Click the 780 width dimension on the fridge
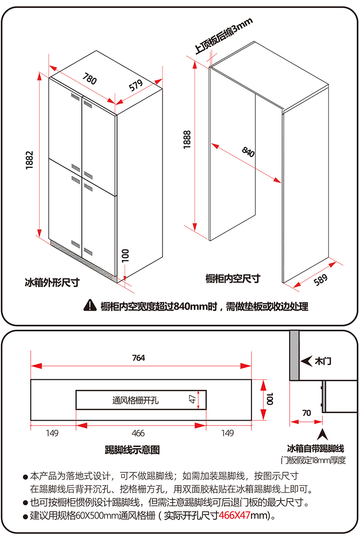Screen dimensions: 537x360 point(90,78)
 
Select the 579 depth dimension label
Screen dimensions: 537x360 point(136,85)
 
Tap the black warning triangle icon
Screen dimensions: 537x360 point(90,306)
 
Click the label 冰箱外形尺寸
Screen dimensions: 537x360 point(52,282)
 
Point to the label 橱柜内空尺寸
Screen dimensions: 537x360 point(233,278)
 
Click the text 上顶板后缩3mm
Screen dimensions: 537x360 point(223,36)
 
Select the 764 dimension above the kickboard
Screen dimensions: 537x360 point(139,358)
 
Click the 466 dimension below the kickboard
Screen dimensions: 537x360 point(139,433)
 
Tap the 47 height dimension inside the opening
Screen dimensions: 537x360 point(193,399)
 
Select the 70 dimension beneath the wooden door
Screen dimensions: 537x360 point(306,413)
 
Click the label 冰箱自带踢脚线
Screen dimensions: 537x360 point(316,448)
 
